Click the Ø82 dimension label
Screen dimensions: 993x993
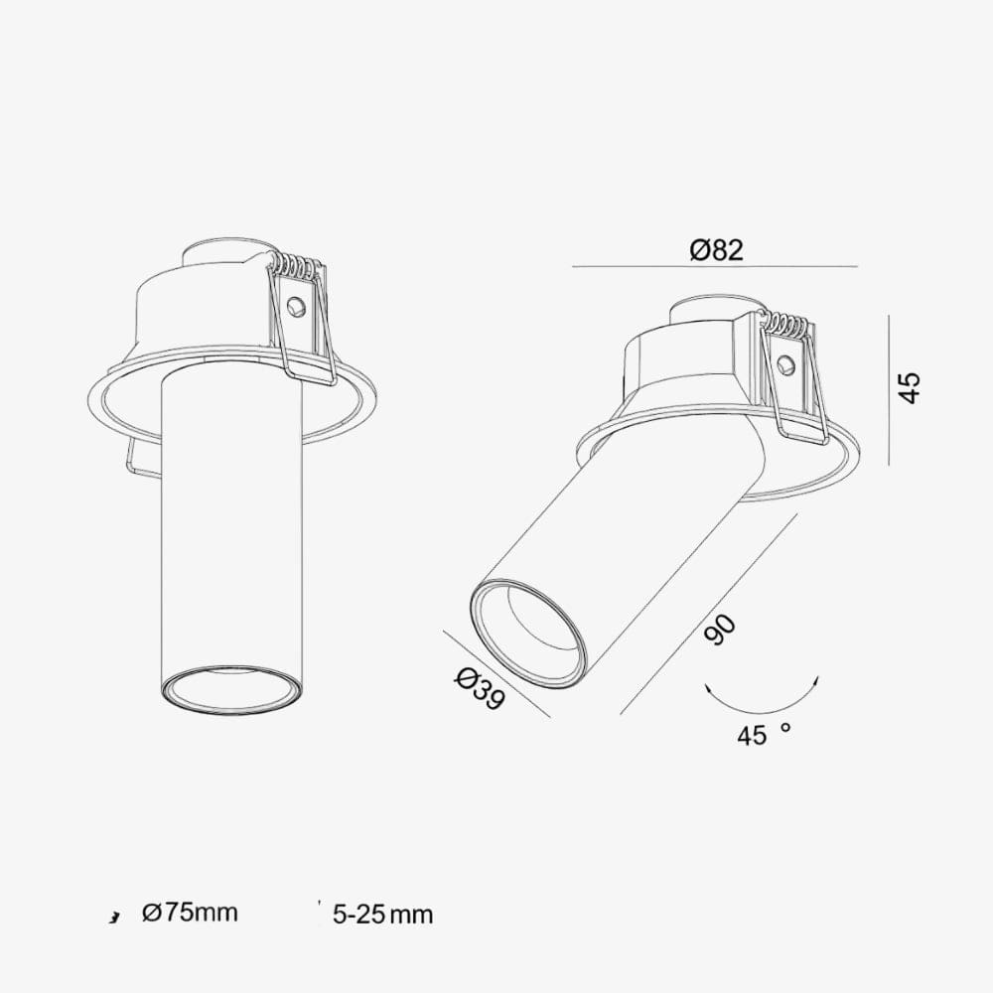(x=716, y=251)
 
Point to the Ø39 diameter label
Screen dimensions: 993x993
(x=480, y=690)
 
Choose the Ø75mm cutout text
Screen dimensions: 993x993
(x=190, y=913)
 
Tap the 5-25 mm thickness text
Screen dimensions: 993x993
(x=383, y=915)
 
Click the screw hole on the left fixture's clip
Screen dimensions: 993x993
(x=295, y=308)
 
